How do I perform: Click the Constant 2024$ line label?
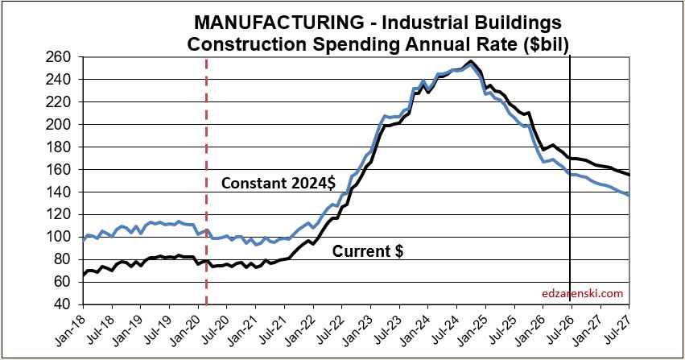point(279,183)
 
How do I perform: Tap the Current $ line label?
point(367,251)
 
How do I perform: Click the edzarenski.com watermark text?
point(582,293)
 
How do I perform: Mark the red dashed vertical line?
point(206,181)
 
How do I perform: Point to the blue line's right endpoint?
point(629,195)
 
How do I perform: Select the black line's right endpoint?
point(629,175)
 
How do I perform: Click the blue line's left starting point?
point(84,240)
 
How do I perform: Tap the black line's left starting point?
point(84,275)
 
